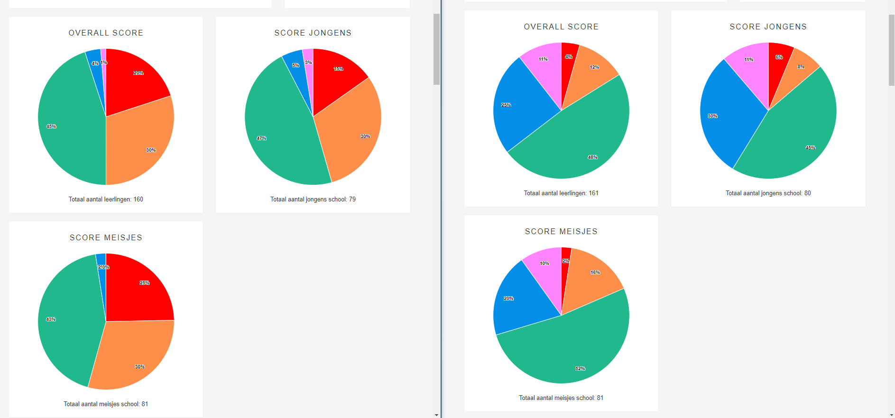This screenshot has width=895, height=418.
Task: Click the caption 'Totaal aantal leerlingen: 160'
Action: point(106,200)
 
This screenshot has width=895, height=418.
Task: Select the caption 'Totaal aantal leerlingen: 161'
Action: point(561,193)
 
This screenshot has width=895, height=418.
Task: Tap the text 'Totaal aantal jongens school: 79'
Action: point(313,200)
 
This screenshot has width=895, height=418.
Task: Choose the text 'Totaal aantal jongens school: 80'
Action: point(768,193)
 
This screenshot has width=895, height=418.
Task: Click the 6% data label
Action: point(779,57)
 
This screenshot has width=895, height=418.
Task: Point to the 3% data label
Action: point(308,63)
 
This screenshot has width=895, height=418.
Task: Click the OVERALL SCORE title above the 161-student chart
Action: point(561,27)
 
